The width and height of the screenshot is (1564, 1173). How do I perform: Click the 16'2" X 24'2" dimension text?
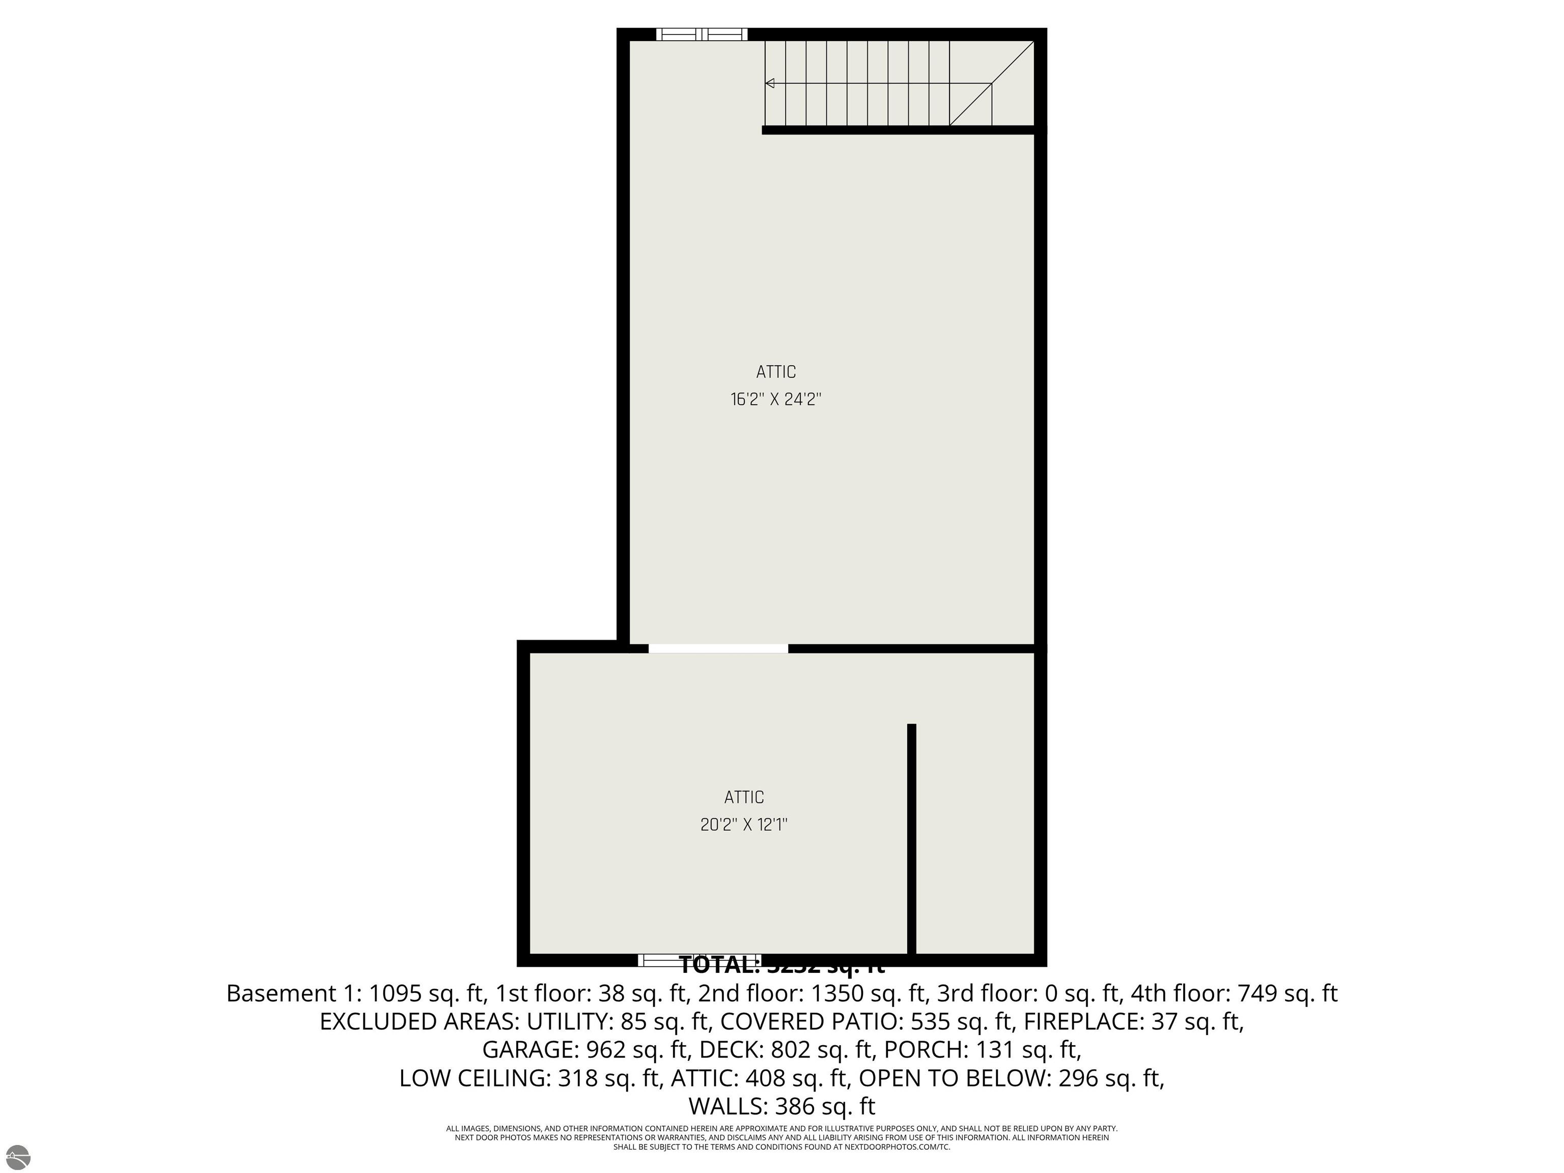coord(776,400)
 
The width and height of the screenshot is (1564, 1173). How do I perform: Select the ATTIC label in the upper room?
coord(776,372)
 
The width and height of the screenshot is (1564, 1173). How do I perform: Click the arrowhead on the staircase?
coord(770,83)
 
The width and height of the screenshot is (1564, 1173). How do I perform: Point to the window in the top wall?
coord(702,34)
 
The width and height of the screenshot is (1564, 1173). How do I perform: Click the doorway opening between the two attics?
coord(718,649)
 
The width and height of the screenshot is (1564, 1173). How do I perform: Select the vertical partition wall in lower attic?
coord(911,842)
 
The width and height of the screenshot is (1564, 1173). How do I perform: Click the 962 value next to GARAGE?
coord(606,1049)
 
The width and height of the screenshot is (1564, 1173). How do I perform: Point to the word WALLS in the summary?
coord(728,1106)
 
